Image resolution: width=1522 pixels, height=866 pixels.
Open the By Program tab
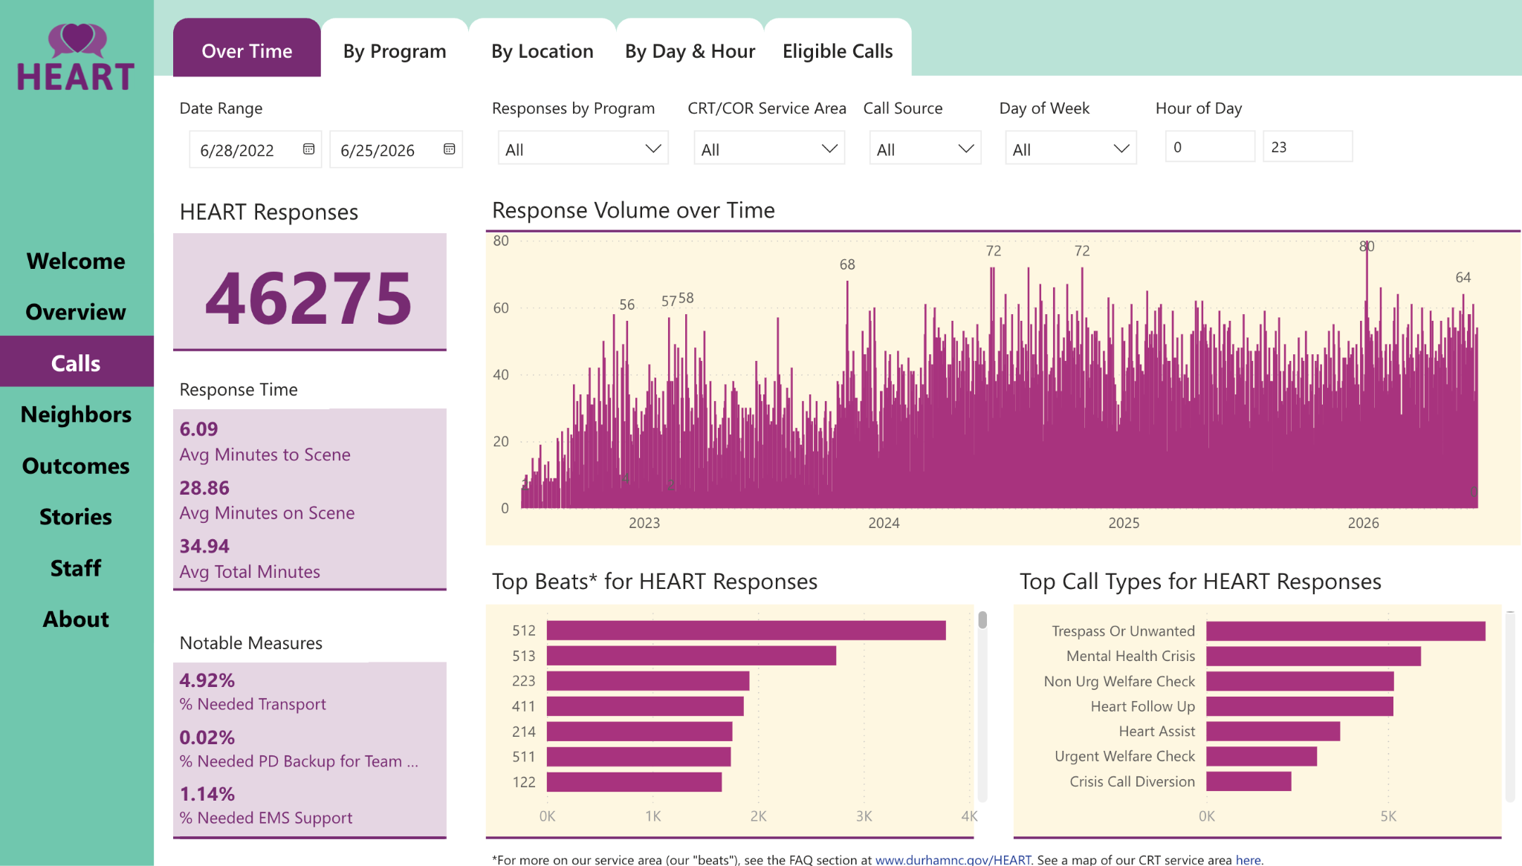tap(395, 51)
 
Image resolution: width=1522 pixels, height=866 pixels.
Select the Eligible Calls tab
tap(838, 51)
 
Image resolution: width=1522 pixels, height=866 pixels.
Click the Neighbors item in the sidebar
tap(76, 414)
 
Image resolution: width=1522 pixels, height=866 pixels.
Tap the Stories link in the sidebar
tap(76, 517)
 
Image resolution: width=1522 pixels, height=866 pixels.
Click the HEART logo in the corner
tap(76, 58)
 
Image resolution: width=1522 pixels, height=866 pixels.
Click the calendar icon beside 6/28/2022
tap(308, 149)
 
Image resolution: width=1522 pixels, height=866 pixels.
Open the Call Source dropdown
tap(924, 149)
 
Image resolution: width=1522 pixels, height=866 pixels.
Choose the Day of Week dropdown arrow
tap(1121, 149)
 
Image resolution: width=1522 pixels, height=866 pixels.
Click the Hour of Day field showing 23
tap(1307, 147)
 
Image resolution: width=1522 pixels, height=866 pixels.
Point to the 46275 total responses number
tap(308, 298)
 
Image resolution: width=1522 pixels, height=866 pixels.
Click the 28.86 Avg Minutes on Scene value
tap(204, 488)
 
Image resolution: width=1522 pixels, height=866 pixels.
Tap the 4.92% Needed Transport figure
tap(207, 680)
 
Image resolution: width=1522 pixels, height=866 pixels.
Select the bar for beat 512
tap(746, 631)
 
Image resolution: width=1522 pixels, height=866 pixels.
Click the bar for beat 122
tap(634, 782)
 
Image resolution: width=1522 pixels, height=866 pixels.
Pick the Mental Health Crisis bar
tap(1313, 656)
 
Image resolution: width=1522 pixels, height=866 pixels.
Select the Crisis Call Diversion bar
tap(1249, 781)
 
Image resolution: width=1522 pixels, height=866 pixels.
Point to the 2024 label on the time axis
tap(884, 523)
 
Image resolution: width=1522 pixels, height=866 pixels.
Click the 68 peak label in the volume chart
tap(847, 264)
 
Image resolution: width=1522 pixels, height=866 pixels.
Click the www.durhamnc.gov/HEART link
tap(953, 859)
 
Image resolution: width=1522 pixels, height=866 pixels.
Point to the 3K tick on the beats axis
tap(864, 816)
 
